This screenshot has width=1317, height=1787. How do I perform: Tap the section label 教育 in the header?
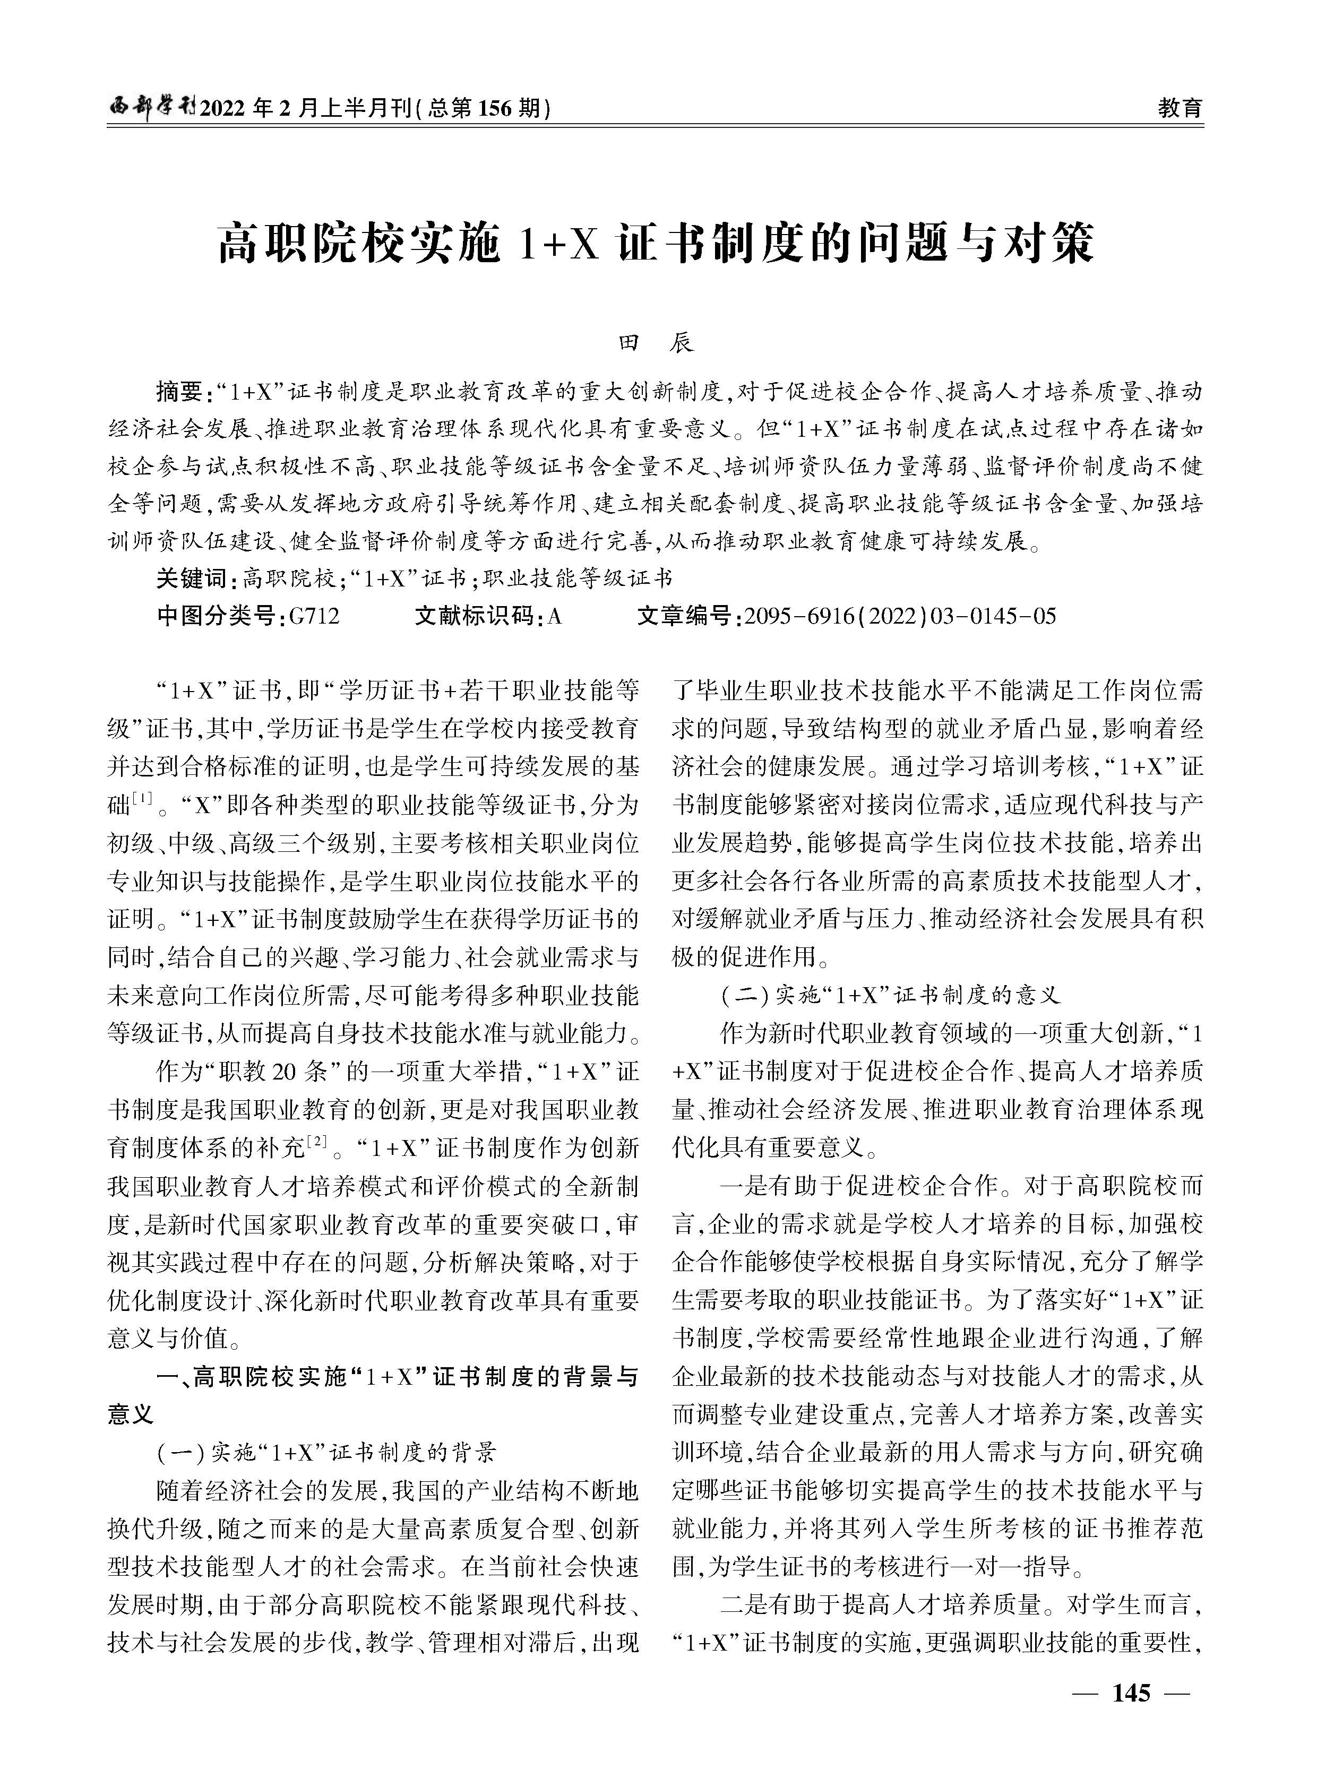(x=1179, y=108)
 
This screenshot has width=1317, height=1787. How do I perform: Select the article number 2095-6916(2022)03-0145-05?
(x=899, y=616)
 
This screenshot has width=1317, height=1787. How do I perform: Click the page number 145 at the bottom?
(x=1131, y=1714)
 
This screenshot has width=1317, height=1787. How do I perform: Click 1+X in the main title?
(x=558, y=245)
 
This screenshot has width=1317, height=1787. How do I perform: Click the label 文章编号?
(x=686, y=616)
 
